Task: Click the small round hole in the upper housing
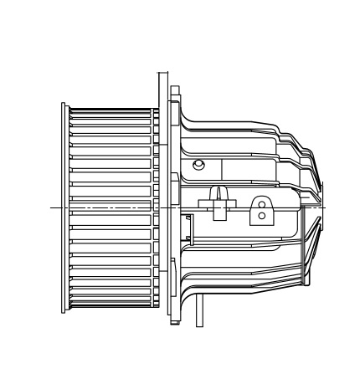pos(198,164)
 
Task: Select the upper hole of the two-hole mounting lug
pos(262,202)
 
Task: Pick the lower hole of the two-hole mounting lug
pos(262,215)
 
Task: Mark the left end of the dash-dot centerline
pos(52,207)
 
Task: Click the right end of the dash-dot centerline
pos(328,207)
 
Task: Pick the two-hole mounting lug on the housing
pos(262,209)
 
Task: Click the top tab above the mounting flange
pos(174,89)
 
